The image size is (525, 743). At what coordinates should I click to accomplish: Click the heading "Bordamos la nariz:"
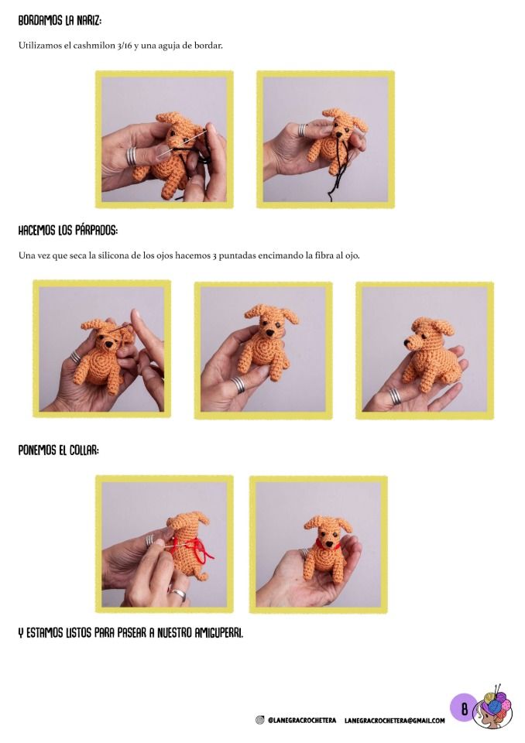click(x=60, y=21)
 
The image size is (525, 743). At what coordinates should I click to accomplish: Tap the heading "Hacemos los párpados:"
click(x=68, y=231)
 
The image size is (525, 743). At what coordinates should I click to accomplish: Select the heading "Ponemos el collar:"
click(x=58, y=450)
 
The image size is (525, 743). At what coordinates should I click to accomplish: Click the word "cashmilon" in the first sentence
click(x=94, y=46)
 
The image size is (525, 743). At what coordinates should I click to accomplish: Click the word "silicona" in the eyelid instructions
click(x=113, y=255)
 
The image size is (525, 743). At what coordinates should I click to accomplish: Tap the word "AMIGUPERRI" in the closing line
click(x=218, y=632)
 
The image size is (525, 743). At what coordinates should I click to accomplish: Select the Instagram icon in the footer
click(x=259, y=721)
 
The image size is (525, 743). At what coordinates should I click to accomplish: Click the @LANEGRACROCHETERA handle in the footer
click(x=302, y=721)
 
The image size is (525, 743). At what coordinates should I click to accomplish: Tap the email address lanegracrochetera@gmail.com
click(x=395, y=721)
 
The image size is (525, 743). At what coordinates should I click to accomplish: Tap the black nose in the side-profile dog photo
click(x=407, y=341)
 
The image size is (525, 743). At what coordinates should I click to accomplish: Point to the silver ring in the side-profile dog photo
click(x=394, y=396)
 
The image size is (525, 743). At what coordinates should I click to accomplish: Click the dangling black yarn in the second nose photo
click(x=338, y=166)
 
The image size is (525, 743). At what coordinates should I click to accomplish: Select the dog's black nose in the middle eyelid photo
click(x=269, y=334)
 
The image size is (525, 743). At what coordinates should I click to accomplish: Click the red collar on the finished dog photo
click(x=327, y=544)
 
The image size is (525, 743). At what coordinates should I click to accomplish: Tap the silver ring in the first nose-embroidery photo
click(x=132, y=156)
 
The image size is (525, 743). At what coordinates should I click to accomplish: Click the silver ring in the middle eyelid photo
click(x=238, y=385)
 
